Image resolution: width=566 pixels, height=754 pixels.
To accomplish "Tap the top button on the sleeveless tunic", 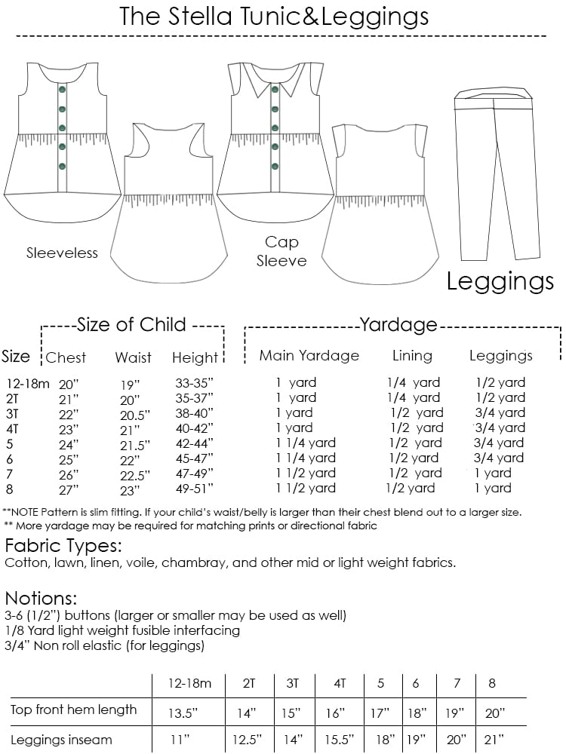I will click(62, 90).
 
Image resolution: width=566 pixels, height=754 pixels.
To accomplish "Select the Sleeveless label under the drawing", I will click(62, 253).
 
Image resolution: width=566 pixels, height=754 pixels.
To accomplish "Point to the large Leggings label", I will click(500, 281).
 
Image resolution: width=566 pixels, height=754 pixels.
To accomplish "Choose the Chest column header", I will click(66, 357).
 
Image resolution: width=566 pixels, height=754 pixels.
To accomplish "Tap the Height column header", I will click(194, 357).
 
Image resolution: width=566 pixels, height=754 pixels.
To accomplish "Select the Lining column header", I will click(412, 355).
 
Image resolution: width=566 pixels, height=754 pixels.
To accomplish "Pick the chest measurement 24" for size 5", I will click(69, 443).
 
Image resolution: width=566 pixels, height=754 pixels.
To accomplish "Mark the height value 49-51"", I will click(194, 489).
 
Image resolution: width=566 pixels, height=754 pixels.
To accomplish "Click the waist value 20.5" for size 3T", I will click(135, 413).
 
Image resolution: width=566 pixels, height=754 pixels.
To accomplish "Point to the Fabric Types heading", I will click(63, 545).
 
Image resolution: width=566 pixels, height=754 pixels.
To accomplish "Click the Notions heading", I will click(41, 599).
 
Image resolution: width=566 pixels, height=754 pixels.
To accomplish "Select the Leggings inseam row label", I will click(61, 740).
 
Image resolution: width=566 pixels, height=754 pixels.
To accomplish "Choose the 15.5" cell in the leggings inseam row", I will click(340, 740).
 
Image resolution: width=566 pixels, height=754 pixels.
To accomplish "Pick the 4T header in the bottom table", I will click(340, 684).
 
